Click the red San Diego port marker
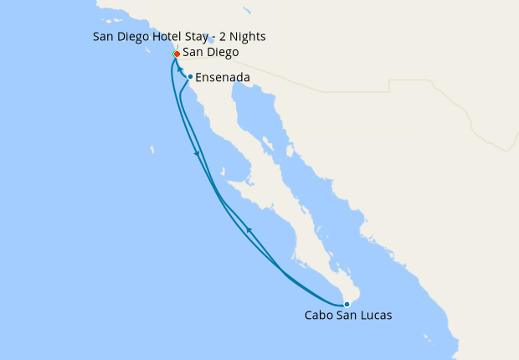pyautogui.click(x=177, y=54)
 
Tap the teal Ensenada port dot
pyautogui.click(x=191, y=77)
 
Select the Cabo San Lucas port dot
pyautogui.click(x=347, y=304)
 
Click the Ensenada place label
pyautogui.click(x=221, y=78)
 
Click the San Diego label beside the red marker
pyautogui.click(x=210, y=53)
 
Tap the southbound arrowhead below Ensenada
pyautogui.click(x=197, y=153)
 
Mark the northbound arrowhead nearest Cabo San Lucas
pyautogui.click(x=249, y=229)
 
